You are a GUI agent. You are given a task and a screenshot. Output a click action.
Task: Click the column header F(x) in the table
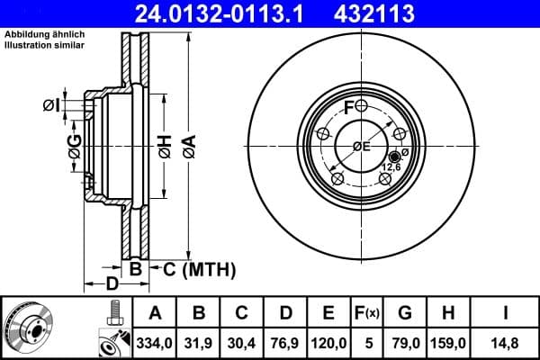pos(367,313)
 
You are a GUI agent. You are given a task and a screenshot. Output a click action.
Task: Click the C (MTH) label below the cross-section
pos(199,268)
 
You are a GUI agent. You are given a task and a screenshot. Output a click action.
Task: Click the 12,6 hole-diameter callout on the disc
pos(392,166)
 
